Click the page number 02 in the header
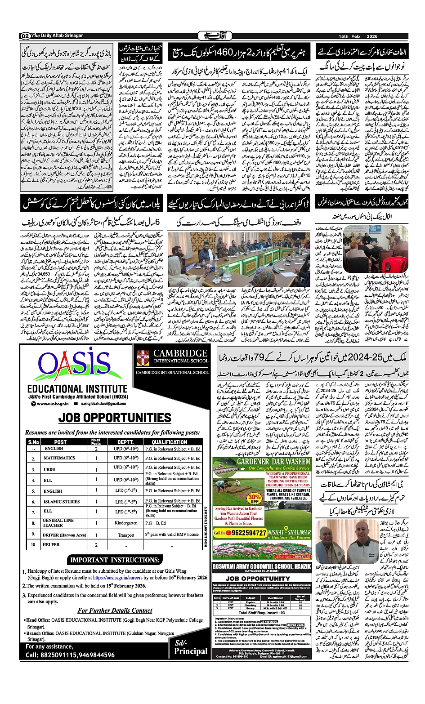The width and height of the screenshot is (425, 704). (x=25, y=36)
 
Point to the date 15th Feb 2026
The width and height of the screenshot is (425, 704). (x=358, y=36)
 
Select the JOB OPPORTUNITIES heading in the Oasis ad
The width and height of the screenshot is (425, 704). (x=115, y=418)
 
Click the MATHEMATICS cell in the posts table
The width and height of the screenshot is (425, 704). (x=59, y=458)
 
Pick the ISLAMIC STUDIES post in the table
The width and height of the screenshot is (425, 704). (x=62, y=502)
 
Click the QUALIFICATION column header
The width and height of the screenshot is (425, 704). (x=169, y=442)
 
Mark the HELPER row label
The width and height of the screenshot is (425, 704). (x=51, y=545)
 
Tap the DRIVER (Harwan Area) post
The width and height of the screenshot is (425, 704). (x=64, y=535)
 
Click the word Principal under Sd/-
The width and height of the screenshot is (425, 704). (x=191, y=651)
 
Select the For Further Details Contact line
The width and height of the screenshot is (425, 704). (x=115, y=610)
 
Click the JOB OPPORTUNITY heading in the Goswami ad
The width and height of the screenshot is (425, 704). (x=258, y=579)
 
